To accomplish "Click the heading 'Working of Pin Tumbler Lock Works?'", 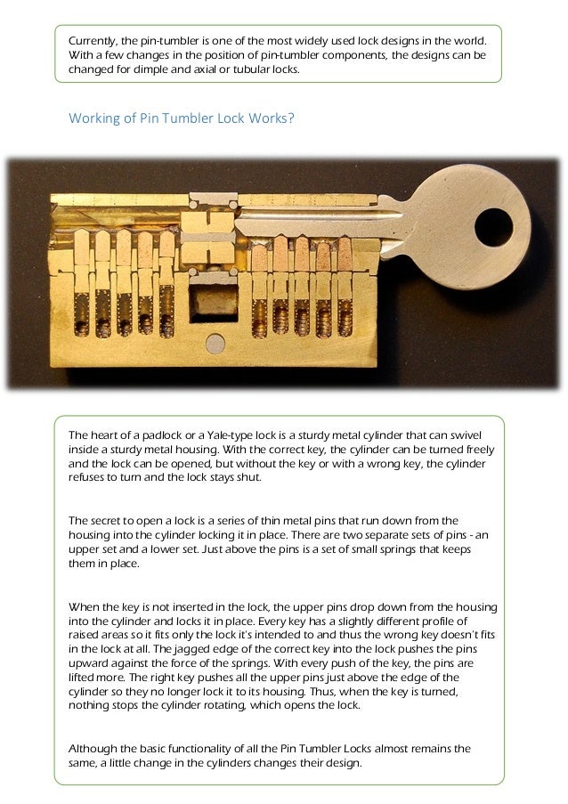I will pyautogui.click(x=181, y=117).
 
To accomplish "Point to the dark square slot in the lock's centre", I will pyautogui.click(x=214, y=300).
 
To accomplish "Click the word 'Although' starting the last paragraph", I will pyautogui.click(x=93, y=749).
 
